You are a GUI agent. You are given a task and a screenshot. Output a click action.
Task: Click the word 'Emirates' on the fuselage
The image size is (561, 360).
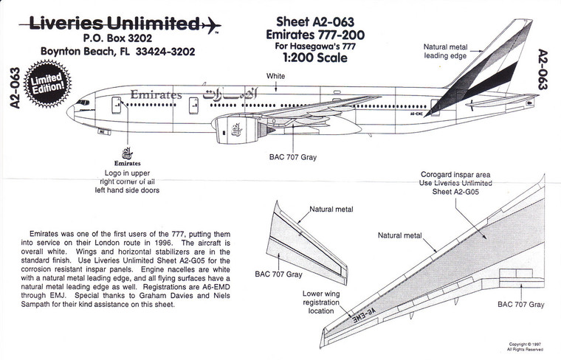155,96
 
